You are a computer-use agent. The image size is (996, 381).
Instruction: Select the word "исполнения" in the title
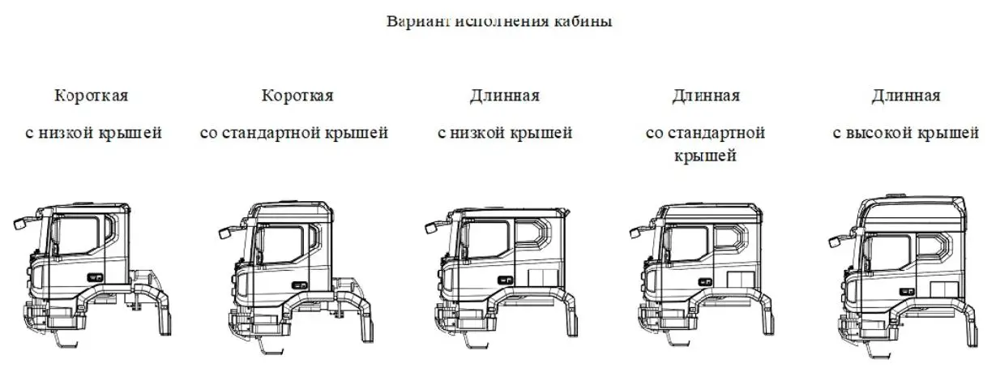(x=502, y=21)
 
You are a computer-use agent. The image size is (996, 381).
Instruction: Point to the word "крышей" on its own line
(x=705, y=156)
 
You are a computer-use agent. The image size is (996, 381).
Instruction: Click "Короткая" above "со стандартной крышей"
(x=297, y=95)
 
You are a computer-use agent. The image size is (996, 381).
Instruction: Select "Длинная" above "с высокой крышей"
(x=906, y=96)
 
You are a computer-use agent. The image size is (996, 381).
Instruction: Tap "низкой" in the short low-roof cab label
(x=66, y=132)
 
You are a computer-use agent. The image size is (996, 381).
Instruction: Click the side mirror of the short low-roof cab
(x=20, y=223)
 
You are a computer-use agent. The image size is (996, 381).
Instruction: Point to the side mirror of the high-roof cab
(x=835, y=242)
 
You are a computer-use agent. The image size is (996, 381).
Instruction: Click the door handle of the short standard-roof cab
(x=300, y=285)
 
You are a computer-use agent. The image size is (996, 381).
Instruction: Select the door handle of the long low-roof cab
(x=505, y=280)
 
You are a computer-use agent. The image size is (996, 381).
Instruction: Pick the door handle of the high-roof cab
(x=907, y=292)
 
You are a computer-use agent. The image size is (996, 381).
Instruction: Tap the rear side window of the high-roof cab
(x=934, y=247)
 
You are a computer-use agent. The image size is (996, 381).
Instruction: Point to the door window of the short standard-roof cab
(x=284, y=244)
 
